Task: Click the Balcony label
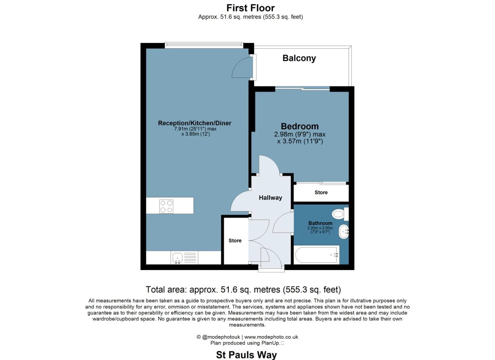point(299,58)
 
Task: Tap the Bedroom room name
point(300,126)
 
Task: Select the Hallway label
point(270,198)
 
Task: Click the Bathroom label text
point(320,223)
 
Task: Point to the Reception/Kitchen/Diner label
point(194,123)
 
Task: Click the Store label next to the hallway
point(235,240)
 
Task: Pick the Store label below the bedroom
point(321,192)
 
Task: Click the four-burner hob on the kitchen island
point(166,206)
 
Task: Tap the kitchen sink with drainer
point(184,258)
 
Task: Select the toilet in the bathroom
point(340,214)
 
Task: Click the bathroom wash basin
point(344,231)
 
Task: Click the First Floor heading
point(250,8)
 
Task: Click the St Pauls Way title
point(246,355)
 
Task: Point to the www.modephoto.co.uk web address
point(271,337)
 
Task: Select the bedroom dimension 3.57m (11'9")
point(300,141)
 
